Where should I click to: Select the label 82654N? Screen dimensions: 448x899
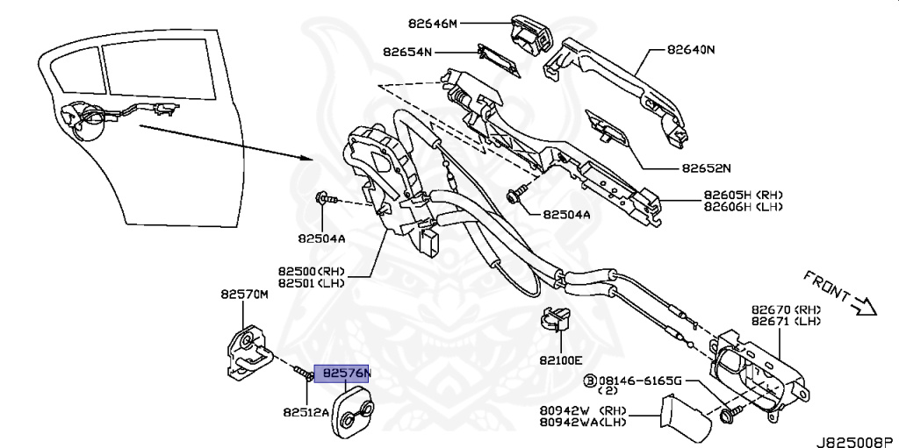(x=407, y=53)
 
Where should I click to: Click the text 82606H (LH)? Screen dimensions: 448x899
(x=743, y=207)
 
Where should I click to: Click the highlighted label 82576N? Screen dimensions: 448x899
(x=346, y=373)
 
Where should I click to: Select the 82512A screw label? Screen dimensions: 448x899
(x=306, y=411)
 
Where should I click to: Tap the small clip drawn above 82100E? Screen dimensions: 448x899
(x=553, y=322)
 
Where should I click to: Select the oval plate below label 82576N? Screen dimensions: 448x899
(x=352, y=416)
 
